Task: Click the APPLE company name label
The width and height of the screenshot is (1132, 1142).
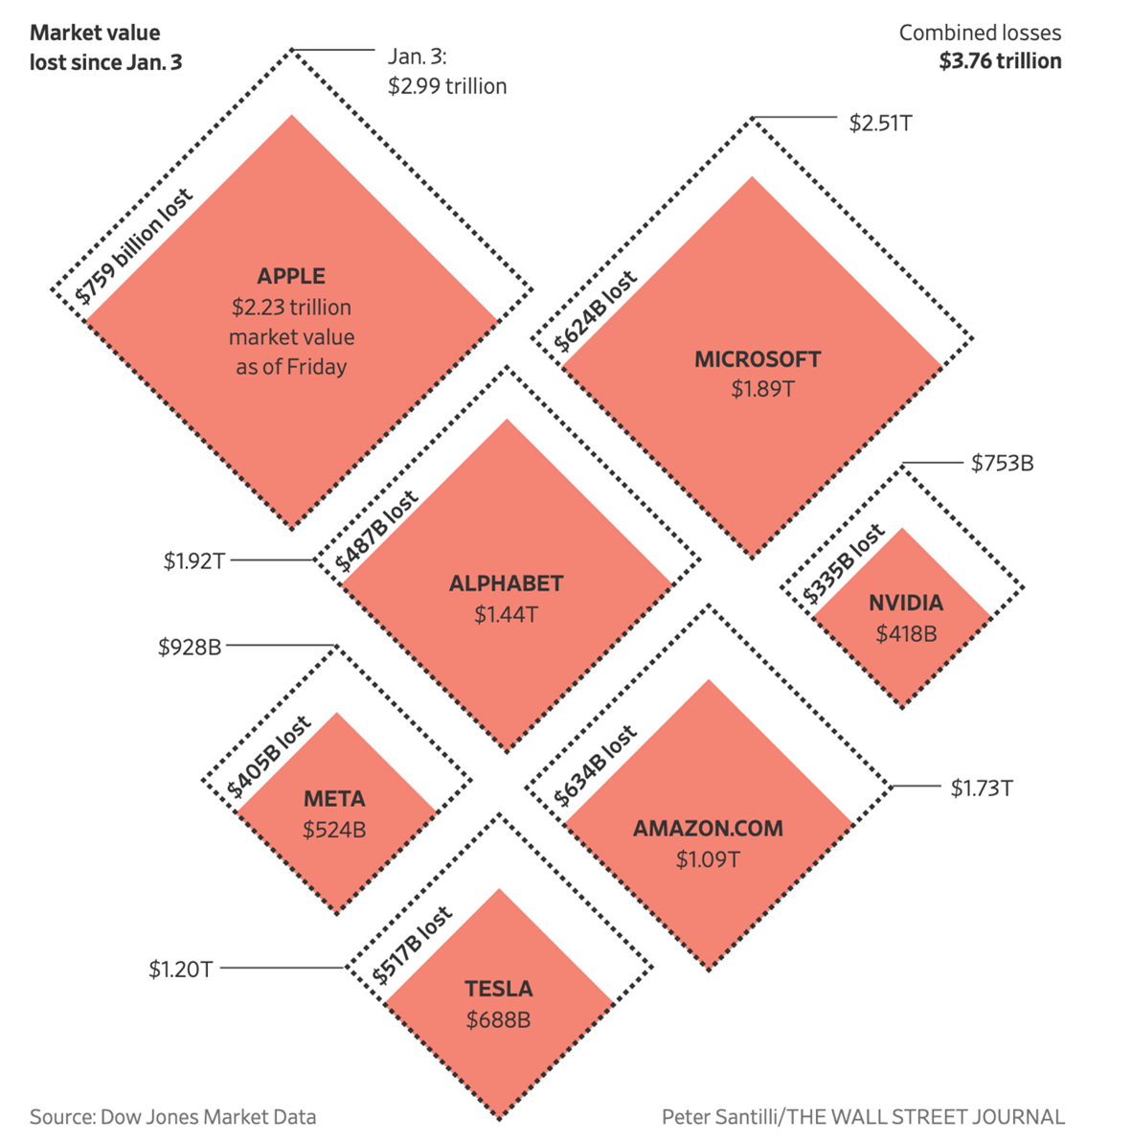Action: (291, 276)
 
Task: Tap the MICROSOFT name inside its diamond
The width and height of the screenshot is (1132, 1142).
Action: (758, 359)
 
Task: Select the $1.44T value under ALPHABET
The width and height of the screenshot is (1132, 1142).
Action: (506, 614)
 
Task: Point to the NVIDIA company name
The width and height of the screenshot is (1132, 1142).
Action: (906, 603)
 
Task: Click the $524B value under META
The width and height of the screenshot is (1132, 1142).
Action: (334, 830)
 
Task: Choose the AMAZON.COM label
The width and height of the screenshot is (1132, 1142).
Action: (708, 829)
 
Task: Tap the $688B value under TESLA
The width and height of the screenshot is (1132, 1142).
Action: (498, 1020)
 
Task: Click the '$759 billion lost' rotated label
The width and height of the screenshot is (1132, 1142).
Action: (135, 246)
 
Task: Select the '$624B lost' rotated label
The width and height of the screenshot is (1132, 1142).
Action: (596, 311)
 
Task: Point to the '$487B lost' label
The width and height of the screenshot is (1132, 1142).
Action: (377, 531)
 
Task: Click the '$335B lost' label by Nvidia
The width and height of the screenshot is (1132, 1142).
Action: (844, 565)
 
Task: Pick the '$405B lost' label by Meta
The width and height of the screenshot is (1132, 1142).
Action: (269, 757)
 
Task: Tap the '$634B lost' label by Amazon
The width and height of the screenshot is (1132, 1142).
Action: (596, 766)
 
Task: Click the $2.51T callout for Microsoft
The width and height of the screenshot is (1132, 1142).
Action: (880, 123)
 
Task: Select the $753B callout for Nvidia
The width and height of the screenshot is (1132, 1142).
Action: (1002, 464)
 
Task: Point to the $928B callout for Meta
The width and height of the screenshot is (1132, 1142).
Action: (190, 648)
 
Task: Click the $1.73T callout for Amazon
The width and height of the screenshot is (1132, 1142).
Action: (982, 788)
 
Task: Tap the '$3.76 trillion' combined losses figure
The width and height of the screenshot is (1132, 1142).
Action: (1000, 61)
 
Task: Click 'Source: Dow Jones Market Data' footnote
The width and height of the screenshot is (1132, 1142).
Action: (172, 1116)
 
